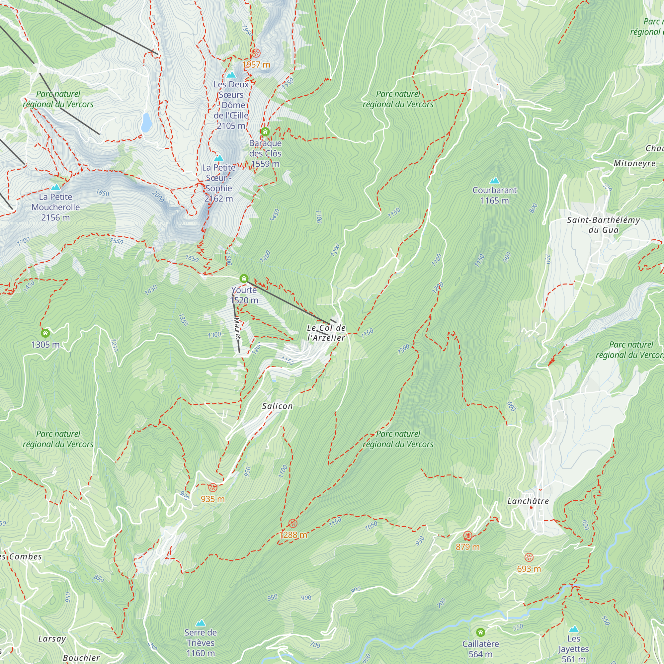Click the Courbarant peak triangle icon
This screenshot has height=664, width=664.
pyautogui.click(x=495, y=180)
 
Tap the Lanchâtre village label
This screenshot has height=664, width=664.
pyautogui.click(x=528, y=501)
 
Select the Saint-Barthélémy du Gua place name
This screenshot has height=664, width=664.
pyautogui.click(x=604, y=225)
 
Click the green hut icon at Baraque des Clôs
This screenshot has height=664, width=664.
pyautogui.click(x=265, y=131)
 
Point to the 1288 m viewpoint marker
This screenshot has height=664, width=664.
pyautogui.click(x=293, y=524)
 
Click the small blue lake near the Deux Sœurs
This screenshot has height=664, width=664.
pyautogui.click(x=146, y=123)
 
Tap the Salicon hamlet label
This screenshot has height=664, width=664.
pyautogui.click(x=277, y=406)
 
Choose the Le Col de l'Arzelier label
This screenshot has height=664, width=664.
pyautogui.click(x=326, y=333)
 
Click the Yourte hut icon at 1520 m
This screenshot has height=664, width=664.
pyautogui.click(x=244, y=279)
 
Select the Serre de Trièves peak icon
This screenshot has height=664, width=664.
pyautogui.click(x=201, y=623)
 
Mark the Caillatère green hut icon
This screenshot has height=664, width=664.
pyautogui.click(x=480, y=632)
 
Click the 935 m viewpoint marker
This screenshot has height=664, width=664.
pyautogui.click(x=213, y=487)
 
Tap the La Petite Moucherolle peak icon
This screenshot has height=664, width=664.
pyautogui.click(x=56, y=187)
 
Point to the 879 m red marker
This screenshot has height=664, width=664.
pyautogui.click(x=468, y=536)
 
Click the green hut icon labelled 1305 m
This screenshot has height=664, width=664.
pyautogui.click(x=45, y=333)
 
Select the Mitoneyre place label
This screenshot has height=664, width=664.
pyautogui.click(x=634, y=163)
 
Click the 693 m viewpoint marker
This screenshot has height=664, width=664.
pyautogui.click(x=529, y=557)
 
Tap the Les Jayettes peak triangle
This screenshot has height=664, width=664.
pyautogui.click(x=574, y=629)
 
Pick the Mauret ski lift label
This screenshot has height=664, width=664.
pyautogui.click(x=237, y=328)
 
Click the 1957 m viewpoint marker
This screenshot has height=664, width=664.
pyautogui.click(x=256, y=53)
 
